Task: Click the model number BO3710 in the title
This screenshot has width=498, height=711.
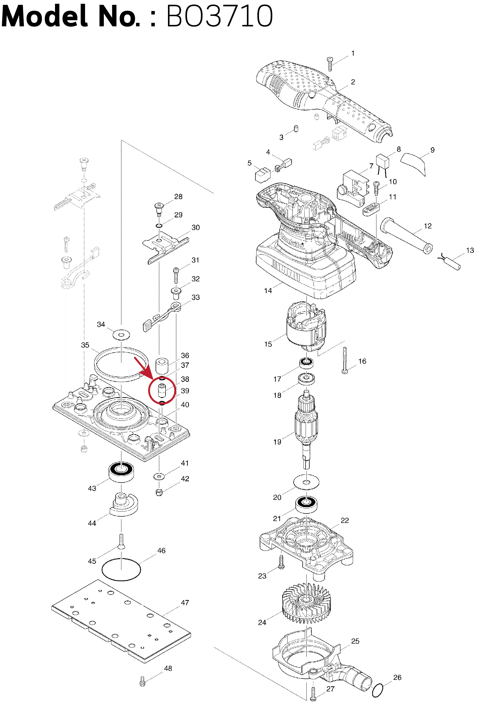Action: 219,16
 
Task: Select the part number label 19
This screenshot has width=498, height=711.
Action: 277,442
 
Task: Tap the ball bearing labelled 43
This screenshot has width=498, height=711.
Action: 121,472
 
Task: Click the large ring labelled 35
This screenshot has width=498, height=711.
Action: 121,362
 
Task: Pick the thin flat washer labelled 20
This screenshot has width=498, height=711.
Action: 306,482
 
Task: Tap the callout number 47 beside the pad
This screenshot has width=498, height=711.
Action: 185,603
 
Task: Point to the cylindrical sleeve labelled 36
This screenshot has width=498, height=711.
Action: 162,366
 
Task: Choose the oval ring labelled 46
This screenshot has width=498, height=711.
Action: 121,569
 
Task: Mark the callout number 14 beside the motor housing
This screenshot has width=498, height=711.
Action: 268,290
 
